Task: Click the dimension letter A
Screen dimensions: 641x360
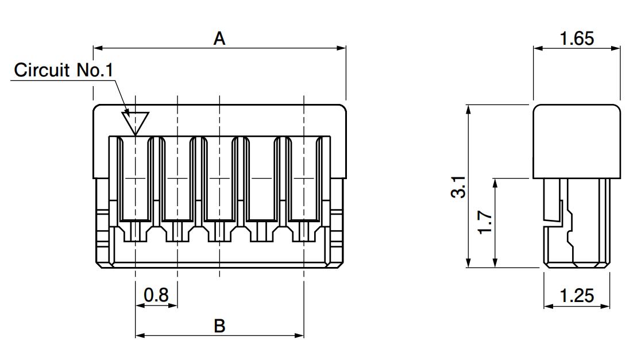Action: (x=219, y=38)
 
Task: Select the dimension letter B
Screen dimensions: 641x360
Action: (x=219, y=326)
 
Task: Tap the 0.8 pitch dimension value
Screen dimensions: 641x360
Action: (x=156, y=295)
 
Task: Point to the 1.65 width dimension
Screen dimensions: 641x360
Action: (x=577, y=38)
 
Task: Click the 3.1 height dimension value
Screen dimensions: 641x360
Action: (x=459, y=187)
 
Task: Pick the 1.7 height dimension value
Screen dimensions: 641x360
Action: (x=485, y=222)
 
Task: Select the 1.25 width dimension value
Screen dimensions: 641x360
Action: (x=577, y=296)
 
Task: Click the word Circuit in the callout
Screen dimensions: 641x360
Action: (x=42, y=70)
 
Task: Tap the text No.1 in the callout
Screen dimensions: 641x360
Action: (x=95, y=70)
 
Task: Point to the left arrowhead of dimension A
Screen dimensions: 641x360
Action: (x=98, y=48)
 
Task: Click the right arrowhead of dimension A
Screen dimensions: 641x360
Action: (x=341, y=48)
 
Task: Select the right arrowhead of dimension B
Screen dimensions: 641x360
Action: (x=299, y=336)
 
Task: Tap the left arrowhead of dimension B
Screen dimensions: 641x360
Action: (x=140, y=336)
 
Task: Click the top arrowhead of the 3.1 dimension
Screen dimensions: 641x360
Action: (x=469, y=110)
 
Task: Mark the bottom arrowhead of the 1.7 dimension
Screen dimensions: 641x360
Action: (x=496, y=263)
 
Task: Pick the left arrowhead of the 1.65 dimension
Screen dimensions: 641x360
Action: (x=538, y=48)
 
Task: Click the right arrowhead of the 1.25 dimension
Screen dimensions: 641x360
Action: (x=605, y=305)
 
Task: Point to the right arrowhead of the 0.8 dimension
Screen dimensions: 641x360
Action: (x=172, y=305)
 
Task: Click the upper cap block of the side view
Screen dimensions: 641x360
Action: (x=577, y=141)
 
